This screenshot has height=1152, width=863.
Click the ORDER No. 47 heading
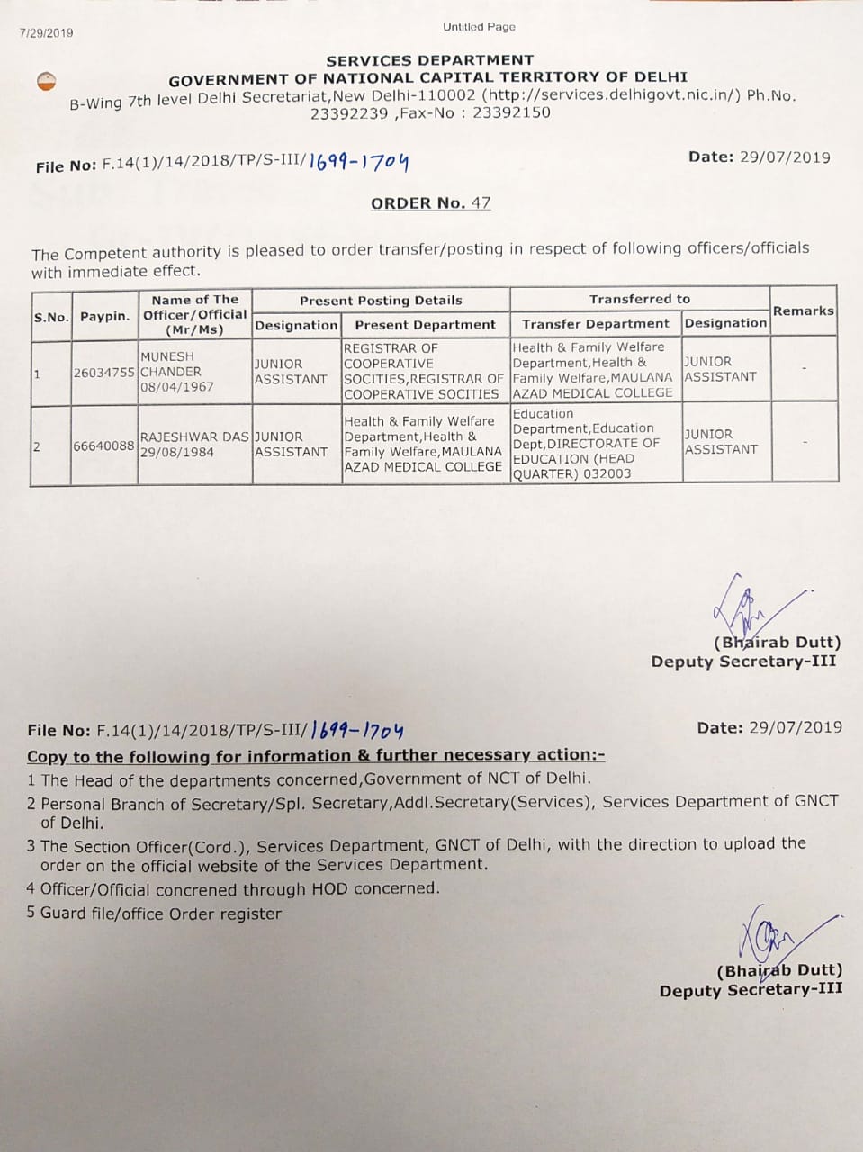430,203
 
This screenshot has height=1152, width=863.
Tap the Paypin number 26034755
104,372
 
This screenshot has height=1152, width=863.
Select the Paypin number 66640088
104,445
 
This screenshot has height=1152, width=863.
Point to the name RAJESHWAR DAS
193,436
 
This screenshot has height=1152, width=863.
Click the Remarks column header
803,310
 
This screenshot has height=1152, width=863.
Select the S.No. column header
51,317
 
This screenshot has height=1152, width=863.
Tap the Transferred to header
639,299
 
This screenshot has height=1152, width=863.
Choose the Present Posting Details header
381,301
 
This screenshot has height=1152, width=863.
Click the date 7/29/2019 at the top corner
47,33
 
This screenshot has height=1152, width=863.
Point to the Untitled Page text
479,27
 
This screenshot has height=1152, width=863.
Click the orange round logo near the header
47,81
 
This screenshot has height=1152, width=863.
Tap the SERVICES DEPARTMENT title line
429,60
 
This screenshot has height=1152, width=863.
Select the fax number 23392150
511,113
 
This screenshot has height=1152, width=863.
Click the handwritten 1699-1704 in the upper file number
358,162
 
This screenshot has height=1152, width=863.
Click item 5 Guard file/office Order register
154,914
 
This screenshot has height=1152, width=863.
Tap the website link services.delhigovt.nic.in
611,96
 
